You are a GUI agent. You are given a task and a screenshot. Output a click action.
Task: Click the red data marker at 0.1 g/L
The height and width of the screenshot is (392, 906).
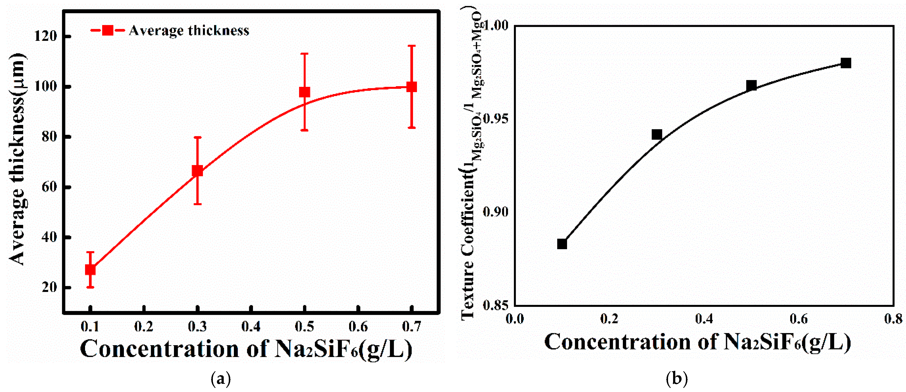tap(90, 270)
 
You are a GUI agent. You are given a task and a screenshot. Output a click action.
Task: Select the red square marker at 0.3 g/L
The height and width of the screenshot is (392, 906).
tap(197, 171)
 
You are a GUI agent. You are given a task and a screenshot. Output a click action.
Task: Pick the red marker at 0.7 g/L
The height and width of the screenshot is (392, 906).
tap(411, 87)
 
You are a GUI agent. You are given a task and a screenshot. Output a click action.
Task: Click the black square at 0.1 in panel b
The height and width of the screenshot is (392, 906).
tap(562, 244)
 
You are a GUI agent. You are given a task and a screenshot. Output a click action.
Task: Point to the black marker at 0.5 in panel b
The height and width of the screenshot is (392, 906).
tap(751, 85)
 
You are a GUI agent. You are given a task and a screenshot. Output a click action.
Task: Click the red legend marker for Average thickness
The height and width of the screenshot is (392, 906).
tap(108, 31)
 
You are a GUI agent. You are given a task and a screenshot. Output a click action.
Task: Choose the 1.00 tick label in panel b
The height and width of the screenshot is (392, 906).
tap(496, 25)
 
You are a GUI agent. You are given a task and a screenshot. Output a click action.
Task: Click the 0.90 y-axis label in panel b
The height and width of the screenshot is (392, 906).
tap(496, 212)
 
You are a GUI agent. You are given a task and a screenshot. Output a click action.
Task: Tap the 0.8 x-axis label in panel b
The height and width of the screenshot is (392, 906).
tap(893, 319)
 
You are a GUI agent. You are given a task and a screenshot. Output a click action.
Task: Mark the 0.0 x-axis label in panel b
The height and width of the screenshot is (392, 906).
tap(515, 319)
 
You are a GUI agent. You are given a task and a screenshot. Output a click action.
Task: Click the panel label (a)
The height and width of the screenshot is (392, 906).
tap(221, 379)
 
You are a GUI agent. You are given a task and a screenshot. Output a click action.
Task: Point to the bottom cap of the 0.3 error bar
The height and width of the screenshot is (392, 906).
tap(197, 204)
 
